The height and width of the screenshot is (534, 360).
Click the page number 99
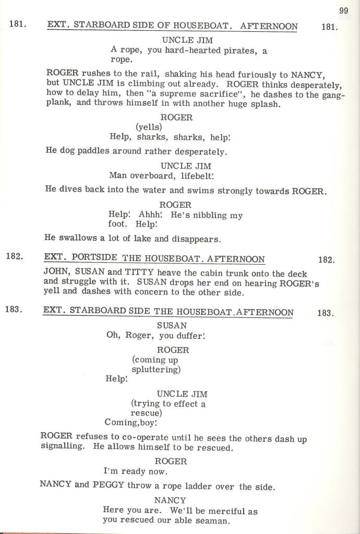(343, 10)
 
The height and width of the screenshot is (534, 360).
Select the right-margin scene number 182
(326, 259)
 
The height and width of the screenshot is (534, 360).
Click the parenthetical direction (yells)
(149, 127)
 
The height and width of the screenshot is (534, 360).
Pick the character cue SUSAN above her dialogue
(172, 325)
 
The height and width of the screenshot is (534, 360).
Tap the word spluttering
(156, 370)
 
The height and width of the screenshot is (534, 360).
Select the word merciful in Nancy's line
(224, 511)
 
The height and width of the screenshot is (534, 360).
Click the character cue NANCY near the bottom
(170, 500)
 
